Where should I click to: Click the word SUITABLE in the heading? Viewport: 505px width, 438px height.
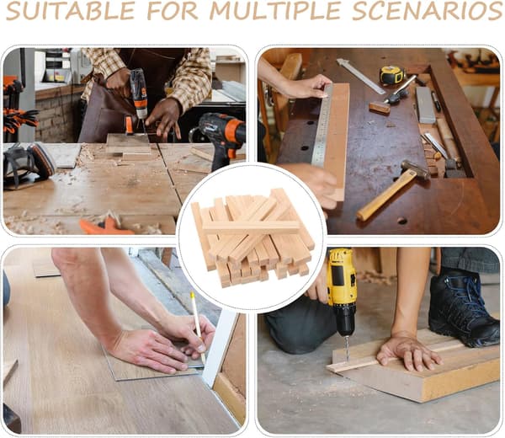pyautogui.click(x=71, y=10)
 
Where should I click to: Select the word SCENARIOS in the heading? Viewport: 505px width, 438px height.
pyautogui.click(x=428, y=10)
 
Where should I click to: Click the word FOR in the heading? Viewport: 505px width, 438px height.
pyautogui.click(x=173, y=10)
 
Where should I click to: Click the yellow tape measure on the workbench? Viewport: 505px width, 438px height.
pyautogui.click(x=391, y=75)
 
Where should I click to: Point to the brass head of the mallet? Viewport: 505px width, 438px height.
pyautogui.click(x=415, y=169)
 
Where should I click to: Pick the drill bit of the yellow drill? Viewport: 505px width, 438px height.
pyautogui.click(x=347, y=350)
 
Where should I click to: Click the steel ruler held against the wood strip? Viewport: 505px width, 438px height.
pyautogui.click(x=322, y=126)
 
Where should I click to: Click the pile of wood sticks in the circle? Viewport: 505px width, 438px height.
pyautogui.click(x=252, y=236)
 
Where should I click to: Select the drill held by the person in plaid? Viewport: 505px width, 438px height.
pyautogui.click(x=138, y=97)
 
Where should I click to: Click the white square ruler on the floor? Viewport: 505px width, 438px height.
pyautogui.click(x=220, y=348)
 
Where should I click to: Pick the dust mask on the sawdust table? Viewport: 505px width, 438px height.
pyautogui.click(x=29, y=164)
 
